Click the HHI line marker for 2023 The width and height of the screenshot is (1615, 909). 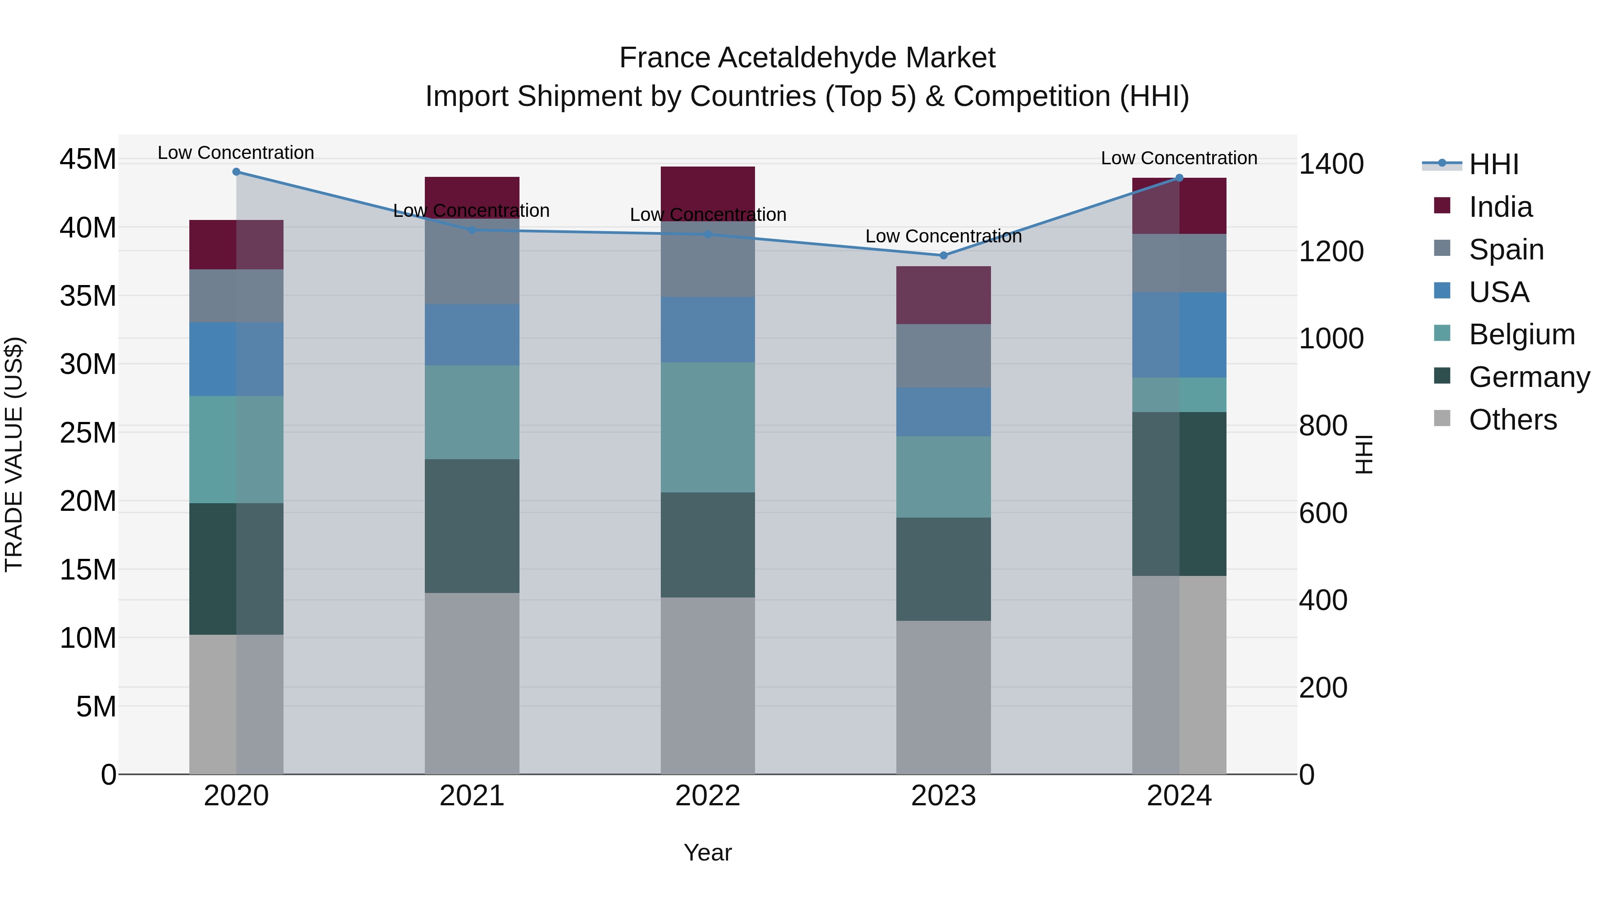click(943, 255)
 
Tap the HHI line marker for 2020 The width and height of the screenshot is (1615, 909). click(236, 172)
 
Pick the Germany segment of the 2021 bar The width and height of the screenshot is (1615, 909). click(471, 526)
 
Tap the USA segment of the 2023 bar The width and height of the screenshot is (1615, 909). click(943, 412)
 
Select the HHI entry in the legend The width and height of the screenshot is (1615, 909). click(1493, 164)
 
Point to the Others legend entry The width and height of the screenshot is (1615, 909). click(1512, 420)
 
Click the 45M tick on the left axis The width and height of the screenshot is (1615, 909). click(88, 159)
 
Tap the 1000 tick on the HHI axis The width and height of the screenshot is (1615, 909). click(1331, 339)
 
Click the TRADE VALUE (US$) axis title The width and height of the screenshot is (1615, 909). click(14, 454)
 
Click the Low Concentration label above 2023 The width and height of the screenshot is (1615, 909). click(943, 237)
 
